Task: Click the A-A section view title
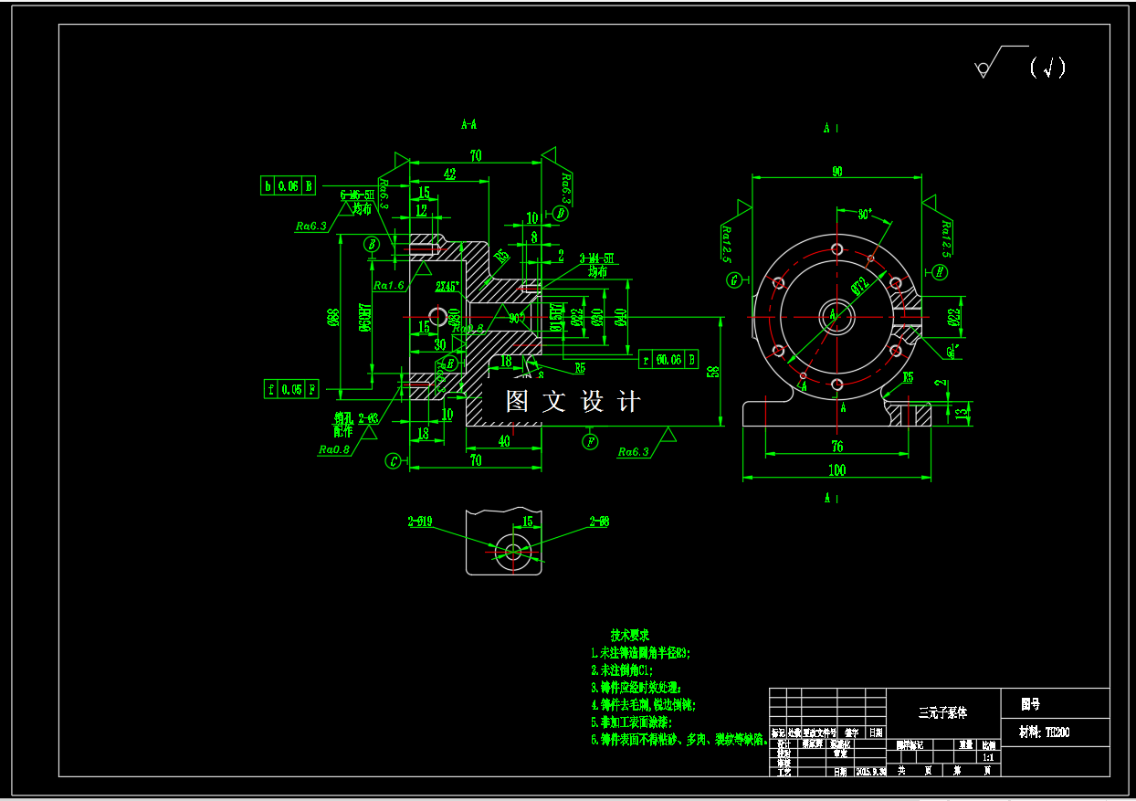[469, 124]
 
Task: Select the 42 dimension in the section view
[449, 174]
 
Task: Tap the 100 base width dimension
[836, 470]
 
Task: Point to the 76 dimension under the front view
[836, 447]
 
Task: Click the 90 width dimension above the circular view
[836, 172]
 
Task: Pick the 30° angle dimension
[866, 215]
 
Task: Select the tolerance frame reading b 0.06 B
[289, 186]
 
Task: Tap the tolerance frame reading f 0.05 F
[291, 389]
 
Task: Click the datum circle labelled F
[591, 442]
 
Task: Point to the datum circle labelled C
[393, 461]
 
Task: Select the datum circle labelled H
[940, 271]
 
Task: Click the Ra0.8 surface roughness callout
[334, 449]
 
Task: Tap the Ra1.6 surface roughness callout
[389, 285]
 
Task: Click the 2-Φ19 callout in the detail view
[420, 522]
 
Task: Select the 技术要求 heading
[630, 635]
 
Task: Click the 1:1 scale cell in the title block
[988, 757]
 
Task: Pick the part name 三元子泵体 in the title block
[942, 711]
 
